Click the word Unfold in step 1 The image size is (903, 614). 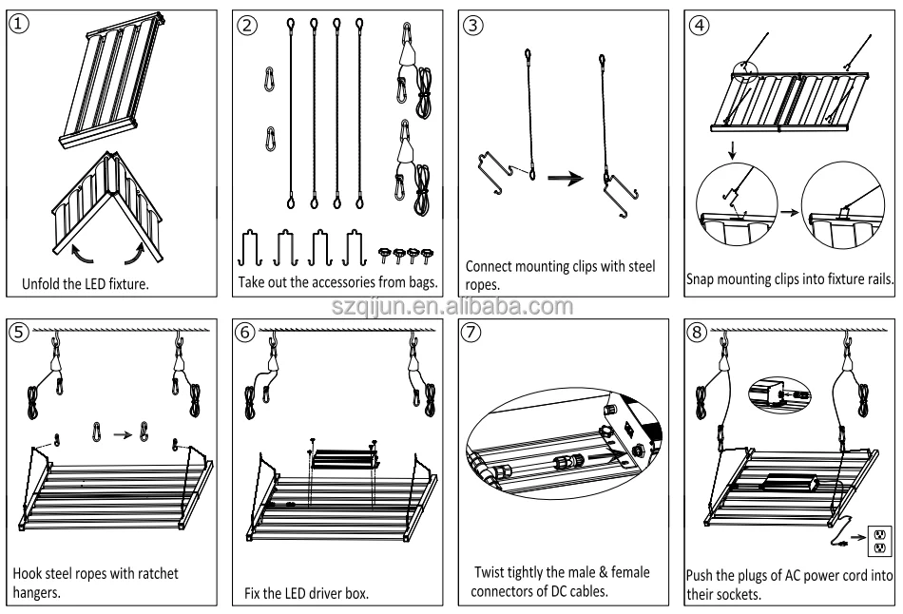click(44, 282)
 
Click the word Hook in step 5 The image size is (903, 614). click(29, 573)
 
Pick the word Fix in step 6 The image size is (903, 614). click(250, 594)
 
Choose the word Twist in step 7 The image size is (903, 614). click(492, 573)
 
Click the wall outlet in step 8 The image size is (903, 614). click(879, 542)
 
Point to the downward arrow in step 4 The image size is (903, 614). click(730, 149)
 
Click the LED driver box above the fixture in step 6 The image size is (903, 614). click(343, 460)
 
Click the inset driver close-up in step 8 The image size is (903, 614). click(778, 389)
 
